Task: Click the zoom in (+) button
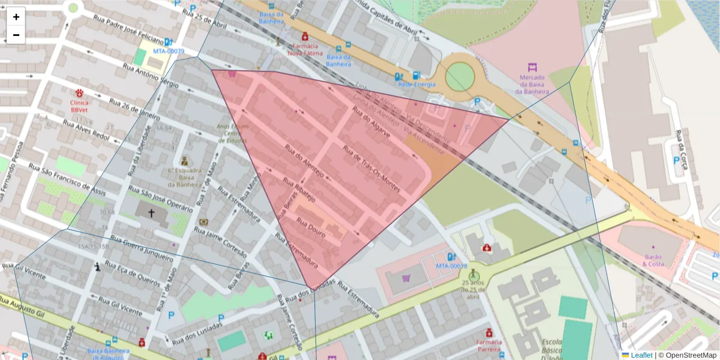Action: [16, 17]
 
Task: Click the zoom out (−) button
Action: [16, 34]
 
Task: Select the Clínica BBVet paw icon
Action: [79, 93]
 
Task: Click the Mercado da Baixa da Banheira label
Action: [532, 85]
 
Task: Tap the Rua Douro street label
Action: [311, 228]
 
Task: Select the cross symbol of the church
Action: [151, 213]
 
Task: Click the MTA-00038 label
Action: [451, 265]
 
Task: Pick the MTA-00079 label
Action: [168, 51]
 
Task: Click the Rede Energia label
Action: [416, 85]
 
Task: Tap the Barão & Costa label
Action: [653, 260]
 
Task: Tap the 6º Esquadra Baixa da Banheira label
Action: [184, 176]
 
